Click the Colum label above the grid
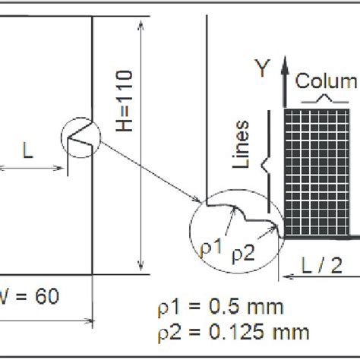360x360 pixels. coord(326,82)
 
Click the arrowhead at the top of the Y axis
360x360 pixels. coord(283,62)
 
